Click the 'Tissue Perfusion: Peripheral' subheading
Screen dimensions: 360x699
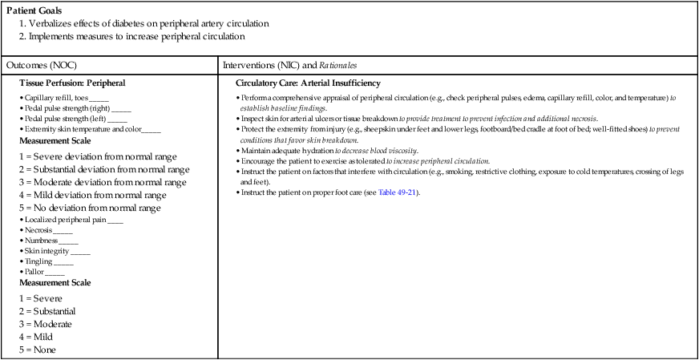click(72, 83)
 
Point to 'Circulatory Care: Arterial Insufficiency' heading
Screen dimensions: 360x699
click(308, 83)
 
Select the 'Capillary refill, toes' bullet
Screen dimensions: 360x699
click(56, 97)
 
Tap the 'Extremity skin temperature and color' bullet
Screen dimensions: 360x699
click(80, 128)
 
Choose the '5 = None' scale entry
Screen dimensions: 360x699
click(41, 349)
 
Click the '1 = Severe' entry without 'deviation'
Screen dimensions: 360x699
click(44, 297)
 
